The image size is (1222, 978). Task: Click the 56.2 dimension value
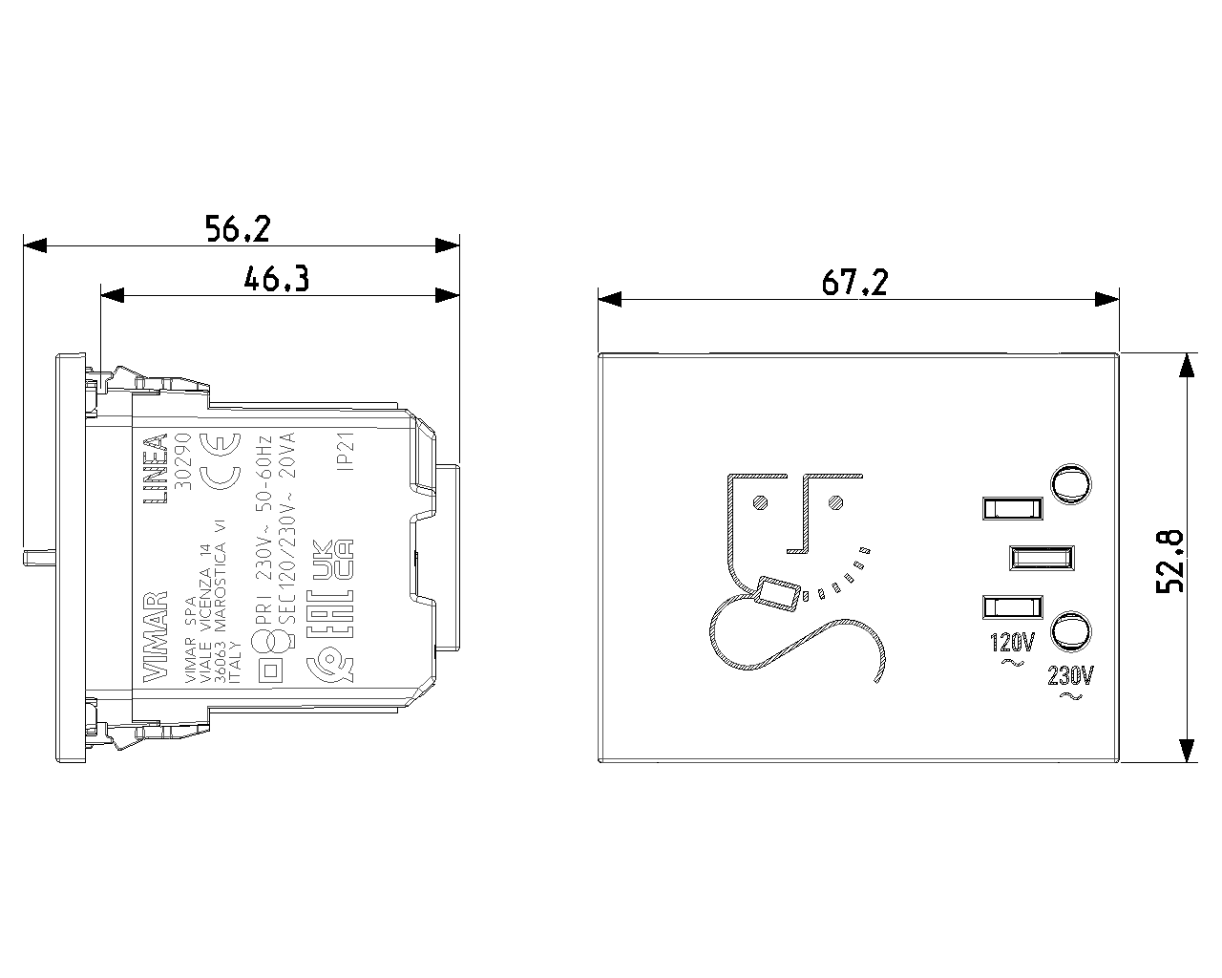[239, 228]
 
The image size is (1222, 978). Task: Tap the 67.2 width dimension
[854, 283]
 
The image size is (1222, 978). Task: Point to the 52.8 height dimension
[1169, 562]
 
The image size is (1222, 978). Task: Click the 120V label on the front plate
[1012, 640]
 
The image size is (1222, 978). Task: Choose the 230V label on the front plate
[1070, 677]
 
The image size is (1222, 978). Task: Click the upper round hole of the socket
[1071, 483]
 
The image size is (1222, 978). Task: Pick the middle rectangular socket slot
[1042, 557]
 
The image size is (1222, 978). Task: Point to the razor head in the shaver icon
[777, 593]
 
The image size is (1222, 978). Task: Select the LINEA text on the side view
[156, 470]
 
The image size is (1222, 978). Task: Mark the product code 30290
[188, 461]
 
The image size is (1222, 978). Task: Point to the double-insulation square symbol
[270, 669]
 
